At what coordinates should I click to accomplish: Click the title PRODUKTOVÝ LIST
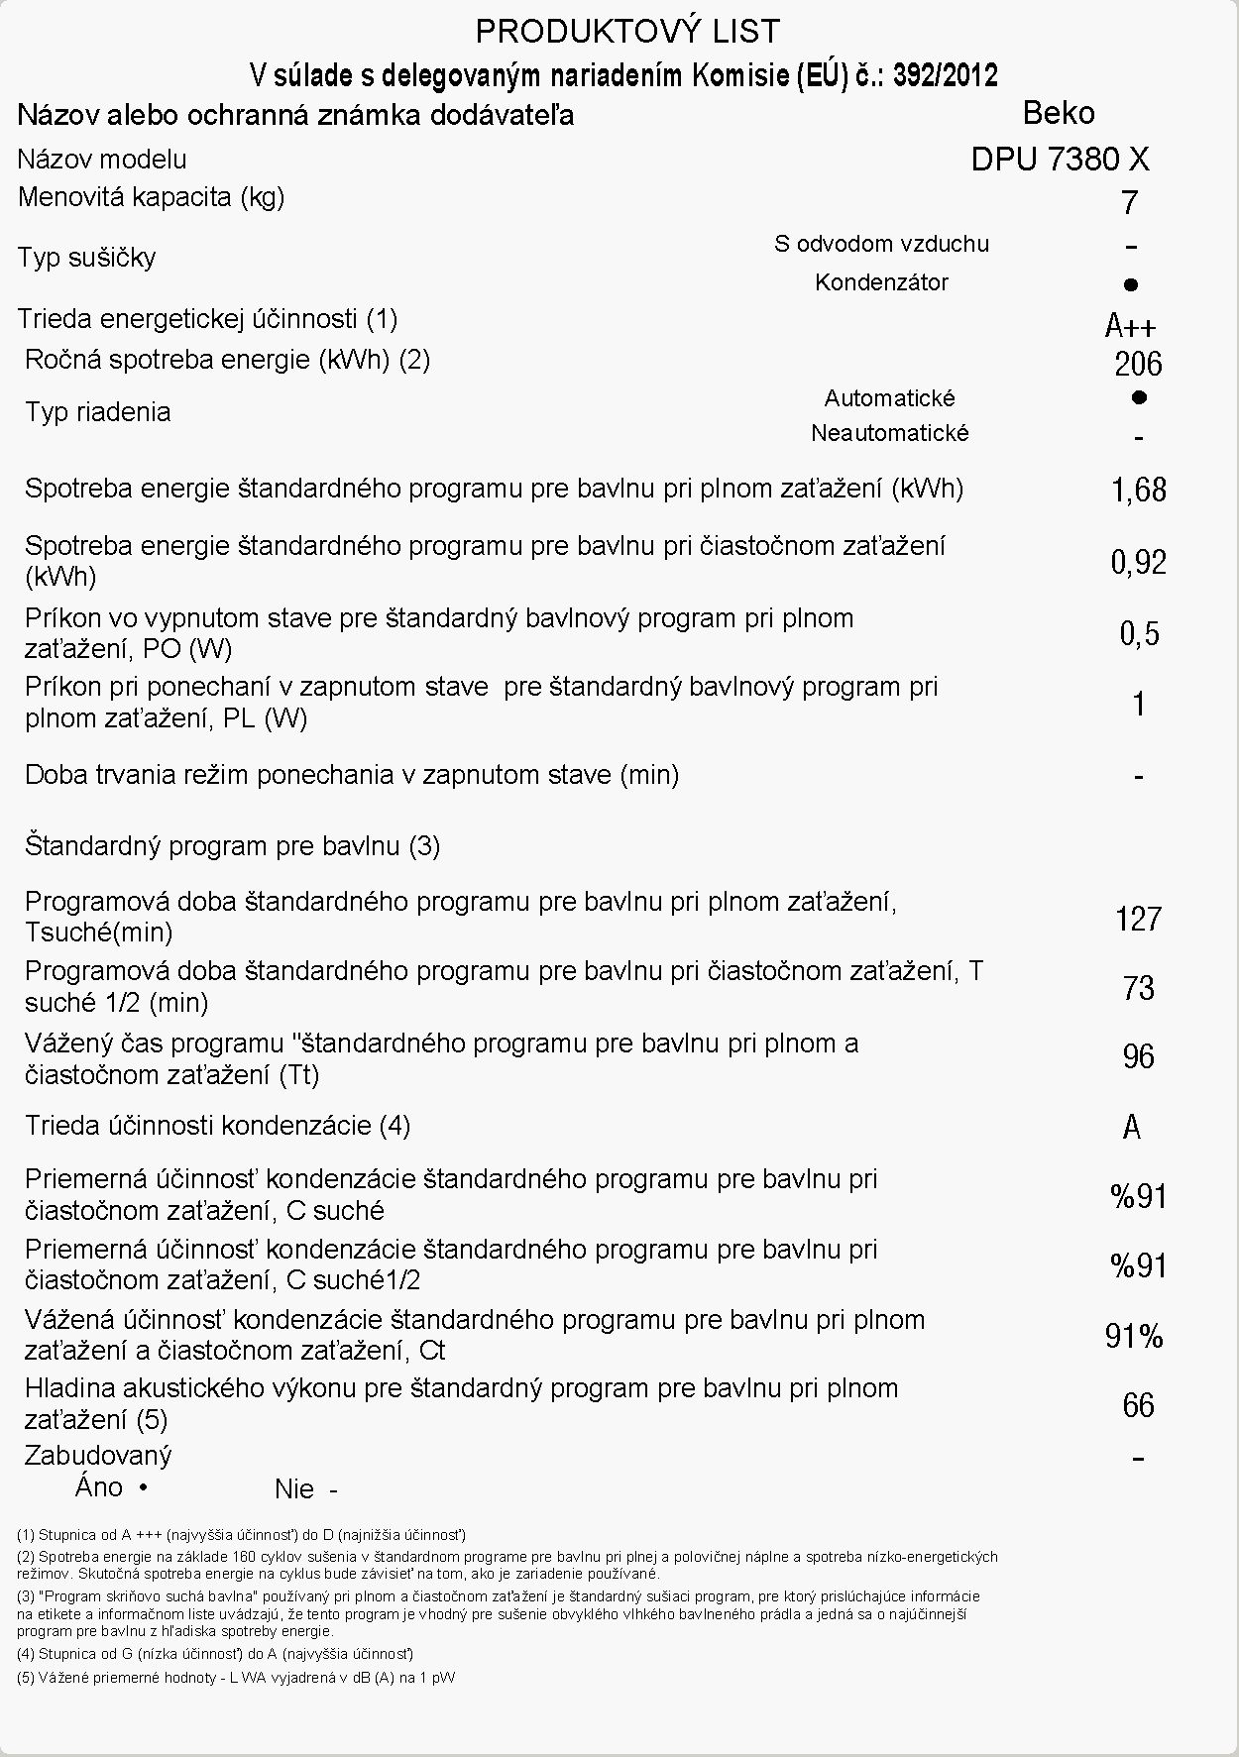[x=627, y=33]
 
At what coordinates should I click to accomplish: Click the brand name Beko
[x=1059, y=113]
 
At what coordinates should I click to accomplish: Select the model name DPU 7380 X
[x=1060, y=159]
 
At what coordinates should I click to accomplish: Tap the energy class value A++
[x=1130, y=325]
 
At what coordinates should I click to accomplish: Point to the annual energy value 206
[x=1138, y=365]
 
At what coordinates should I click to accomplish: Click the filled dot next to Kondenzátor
[x=1131, y=285]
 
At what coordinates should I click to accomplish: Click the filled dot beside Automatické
[x=1139, y=397]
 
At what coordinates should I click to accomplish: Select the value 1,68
[x=1138, y=490]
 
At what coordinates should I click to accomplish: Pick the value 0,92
[x=1138, y=563]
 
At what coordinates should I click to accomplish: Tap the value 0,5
[x=1139, y=633]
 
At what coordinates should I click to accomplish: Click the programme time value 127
[x=1138, y=919]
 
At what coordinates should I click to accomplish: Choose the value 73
[x=1138, y=988]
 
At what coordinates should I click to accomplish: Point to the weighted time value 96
[x=1138, y=1056]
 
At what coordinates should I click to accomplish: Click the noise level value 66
[x=1138, y=1405]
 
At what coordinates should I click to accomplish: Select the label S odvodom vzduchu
[x=881, y=244]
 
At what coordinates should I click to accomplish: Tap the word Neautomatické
[x=889, y=433]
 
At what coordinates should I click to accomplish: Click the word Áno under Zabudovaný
[x=99, y=1486]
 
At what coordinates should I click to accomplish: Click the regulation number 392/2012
[x=946, y=75]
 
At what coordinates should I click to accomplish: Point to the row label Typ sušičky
[x=86, y=258]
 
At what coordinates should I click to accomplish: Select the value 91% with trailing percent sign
[x=1134, y=1337]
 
